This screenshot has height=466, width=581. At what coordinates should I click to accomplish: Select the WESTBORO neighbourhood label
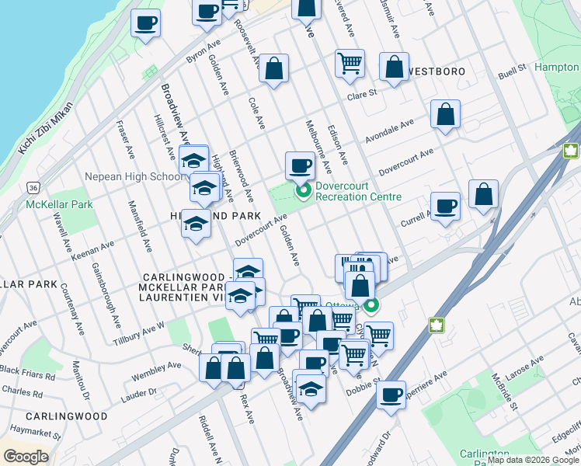point(433,71)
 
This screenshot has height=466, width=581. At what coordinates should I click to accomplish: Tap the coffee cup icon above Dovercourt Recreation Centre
point(300,165)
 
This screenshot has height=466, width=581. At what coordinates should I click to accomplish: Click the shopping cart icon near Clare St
point(350,63)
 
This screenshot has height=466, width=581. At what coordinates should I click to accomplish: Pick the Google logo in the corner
point(26,457)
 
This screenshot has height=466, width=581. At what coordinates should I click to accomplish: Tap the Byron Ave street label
point(204,52)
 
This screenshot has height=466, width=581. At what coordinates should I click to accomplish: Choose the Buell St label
point(513,72)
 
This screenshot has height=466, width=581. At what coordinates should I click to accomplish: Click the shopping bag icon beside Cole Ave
point(273,68)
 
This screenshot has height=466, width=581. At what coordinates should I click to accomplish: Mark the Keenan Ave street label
point(92,249)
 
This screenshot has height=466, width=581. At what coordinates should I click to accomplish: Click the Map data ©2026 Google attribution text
point(533,460)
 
